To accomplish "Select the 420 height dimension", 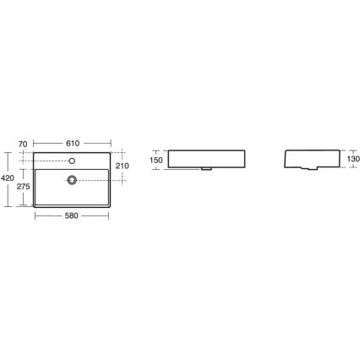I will (x=6, y=178).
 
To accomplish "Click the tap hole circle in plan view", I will (x=73, y=161).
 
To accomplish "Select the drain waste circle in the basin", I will (x=73, y=179).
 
